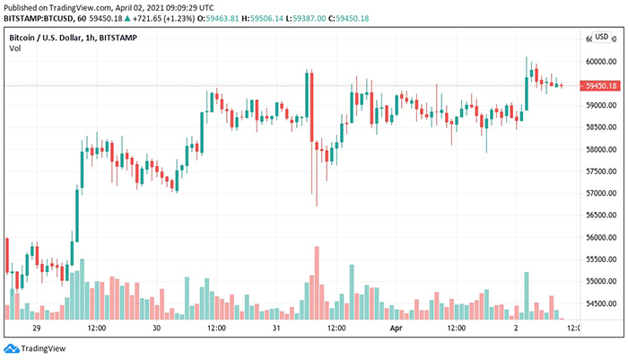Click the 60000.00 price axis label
[597, 62]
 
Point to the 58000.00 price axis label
[597, 150]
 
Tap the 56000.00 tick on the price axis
[597, 238]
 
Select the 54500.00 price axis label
[597, 303]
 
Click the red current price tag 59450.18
[597, 85]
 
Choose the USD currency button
[601, 37]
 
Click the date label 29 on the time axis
[38, 329]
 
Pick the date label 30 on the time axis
[156, 329]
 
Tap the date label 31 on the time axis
[277, 329]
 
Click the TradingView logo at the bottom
[37, 348]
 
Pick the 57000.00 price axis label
[597, 194]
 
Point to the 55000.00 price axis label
[597, 282]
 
